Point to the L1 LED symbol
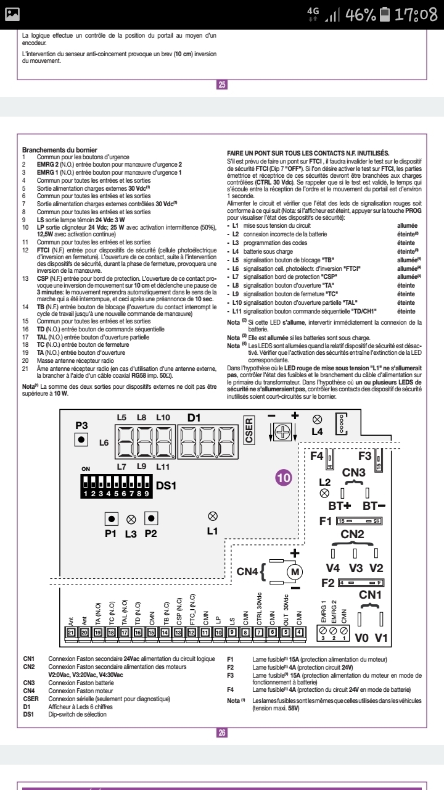point(213,499)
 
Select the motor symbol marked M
point(295,572)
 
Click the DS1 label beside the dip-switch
point(167,486)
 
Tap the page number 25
point(222,85)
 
